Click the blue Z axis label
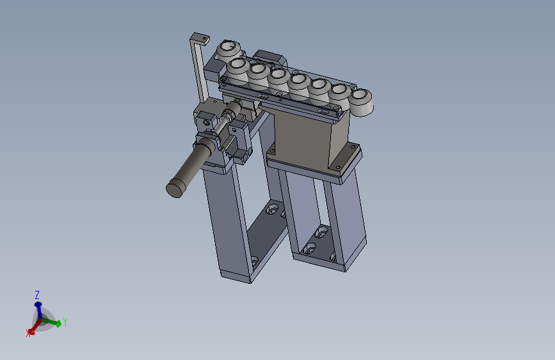click(x=37, y=295)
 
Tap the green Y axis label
click(x=65, y=322)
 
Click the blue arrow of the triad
click(x=38, y=307)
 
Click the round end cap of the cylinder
click(x=175, y=187)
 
